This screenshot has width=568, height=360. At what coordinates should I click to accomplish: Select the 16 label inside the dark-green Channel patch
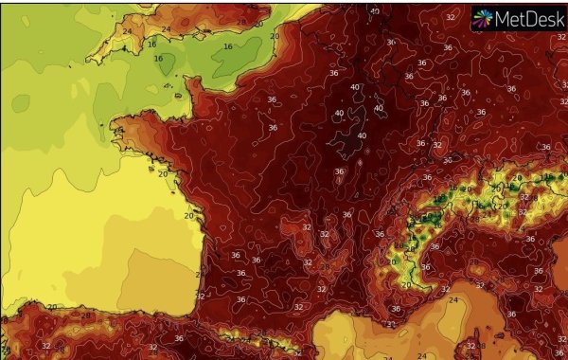227,46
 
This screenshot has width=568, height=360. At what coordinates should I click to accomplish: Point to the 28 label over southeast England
241,21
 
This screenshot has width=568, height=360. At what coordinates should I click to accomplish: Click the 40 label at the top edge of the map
376,11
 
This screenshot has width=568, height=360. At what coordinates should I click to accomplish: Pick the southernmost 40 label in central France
362,136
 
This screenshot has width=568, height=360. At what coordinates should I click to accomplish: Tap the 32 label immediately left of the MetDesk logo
450,17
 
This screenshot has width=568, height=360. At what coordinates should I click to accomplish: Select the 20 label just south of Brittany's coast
163,173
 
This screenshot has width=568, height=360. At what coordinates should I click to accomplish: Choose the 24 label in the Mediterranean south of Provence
452,299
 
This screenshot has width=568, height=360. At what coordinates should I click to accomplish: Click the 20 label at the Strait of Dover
274,36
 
